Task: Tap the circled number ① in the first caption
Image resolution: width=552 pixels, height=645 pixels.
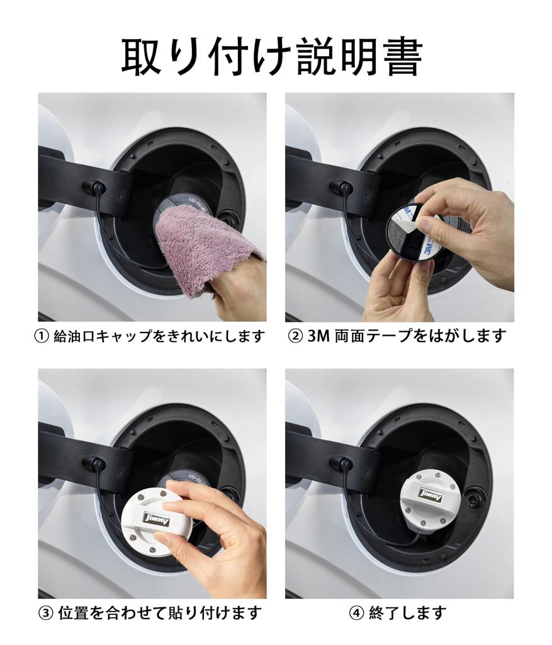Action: [x=42, y=336]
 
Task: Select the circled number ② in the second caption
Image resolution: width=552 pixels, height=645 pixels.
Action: [x=295, y=336]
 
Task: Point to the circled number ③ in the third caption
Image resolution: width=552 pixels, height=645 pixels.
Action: [x=46, y=613]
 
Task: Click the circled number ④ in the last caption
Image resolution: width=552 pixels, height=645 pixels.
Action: [x=356, y=613]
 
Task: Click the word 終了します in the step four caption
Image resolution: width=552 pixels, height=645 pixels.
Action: [x=407, y=613]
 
